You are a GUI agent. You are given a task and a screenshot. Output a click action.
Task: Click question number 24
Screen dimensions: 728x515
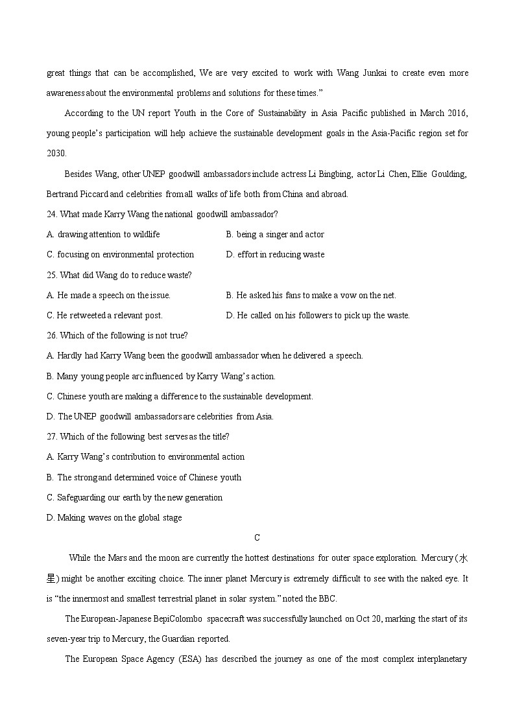click(52, 215)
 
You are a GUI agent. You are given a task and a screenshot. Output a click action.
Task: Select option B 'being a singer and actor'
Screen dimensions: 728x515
click(275, 235)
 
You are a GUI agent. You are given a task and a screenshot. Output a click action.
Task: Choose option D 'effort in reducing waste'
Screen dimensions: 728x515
click(275, 255)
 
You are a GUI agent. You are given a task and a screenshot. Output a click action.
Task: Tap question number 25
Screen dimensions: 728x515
click(52, 275)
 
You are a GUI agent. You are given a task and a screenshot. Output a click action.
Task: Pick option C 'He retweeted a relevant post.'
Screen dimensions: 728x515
click(104, 316)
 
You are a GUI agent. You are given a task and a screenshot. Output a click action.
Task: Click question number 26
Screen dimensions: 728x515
click(52, 336)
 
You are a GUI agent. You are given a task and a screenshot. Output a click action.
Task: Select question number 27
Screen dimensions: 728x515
click(52, 436)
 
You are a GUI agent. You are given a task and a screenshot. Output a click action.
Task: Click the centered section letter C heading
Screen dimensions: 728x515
click(257, 537)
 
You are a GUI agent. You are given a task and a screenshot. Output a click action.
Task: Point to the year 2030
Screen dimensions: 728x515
click(56, 154)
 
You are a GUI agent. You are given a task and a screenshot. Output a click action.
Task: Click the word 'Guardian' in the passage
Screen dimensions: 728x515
click(175, 639)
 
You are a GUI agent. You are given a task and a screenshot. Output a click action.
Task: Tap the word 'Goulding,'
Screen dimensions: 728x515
click(445, 174)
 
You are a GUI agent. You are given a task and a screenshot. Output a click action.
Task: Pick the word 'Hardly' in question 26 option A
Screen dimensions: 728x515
click(69, 356)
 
